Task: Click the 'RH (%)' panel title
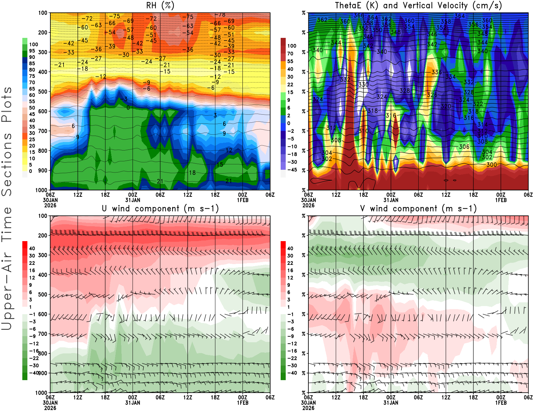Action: (x=160, y=6)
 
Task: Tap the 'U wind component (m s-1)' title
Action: (x=160, y=209)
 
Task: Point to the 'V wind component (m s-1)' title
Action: (x=418, y=209)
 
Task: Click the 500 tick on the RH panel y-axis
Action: (x=43, y=92)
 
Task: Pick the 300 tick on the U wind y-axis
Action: (x=43, y=255)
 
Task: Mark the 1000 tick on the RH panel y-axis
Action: (x=42, y=190)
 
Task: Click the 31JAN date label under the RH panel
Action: (x=133, y=200)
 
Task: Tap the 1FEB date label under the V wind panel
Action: (x=501, y=403)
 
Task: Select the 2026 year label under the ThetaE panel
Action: (x=308, y=205)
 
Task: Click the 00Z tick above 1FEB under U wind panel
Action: (x=242, y=397)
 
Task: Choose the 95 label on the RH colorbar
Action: (x=32, y=51)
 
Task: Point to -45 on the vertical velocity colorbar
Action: (x=292, y=170)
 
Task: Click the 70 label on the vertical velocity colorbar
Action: (x=290, y=53)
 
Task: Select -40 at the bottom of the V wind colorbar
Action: (x=292, y=373)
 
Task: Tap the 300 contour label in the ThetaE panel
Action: (x=492, y=165)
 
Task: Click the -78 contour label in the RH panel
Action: (x=220, y=15)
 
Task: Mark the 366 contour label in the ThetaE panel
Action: (x=359, y=16)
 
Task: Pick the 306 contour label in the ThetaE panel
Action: (x=464, y=147)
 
